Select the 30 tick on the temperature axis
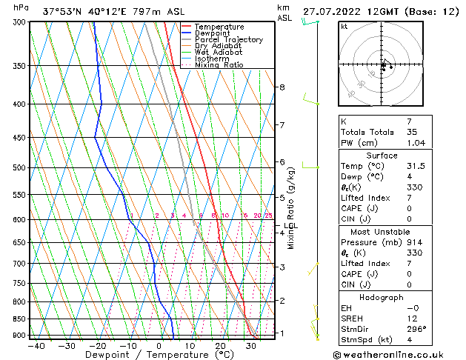(x=252, y=345)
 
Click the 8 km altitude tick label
(x=282, y=87)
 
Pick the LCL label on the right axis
(x=290, y=226)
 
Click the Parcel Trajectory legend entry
(x=228, y=40)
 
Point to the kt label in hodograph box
(x=344, y=27)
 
